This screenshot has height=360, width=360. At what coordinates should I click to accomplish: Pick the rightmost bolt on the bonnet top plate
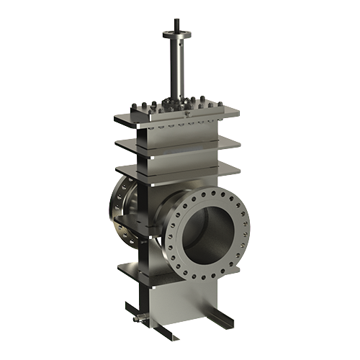(213, 103)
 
